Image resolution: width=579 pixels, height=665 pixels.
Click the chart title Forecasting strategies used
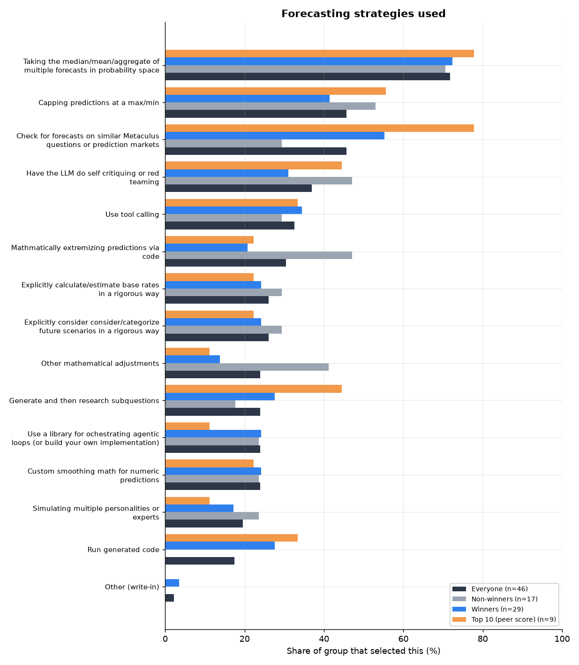(363, 14)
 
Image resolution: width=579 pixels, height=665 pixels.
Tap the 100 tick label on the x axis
(562, 639)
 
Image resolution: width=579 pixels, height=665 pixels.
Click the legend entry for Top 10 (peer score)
(504, 619)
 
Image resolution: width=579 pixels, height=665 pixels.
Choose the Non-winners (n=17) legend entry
(495, 599)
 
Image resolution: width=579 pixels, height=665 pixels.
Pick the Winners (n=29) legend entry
(488, 609)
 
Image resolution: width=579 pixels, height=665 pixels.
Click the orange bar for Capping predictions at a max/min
(275, 91)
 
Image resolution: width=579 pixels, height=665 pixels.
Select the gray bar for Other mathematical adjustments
(247, 367)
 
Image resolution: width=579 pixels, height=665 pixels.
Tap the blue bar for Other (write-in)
(172, 583)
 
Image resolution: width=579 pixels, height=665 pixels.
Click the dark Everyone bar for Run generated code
(200, 561)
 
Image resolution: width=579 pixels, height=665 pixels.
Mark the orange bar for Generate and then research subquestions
(253, 389)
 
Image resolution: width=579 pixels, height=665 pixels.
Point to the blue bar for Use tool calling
(233, 210)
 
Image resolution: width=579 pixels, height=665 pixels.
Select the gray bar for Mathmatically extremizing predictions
(258, 255)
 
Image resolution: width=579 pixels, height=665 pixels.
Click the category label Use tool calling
(132, 214)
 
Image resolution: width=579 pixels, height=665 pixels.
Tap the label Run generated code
(123, 550)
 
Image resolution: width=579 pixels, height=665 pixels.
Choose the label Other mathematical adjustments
(100, 363)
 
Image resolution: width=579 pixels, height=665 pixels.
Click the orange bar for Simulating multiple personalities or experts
(188, 501)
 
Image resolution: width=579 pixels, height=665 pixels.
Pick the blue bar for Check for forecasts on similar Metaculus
(275, 136)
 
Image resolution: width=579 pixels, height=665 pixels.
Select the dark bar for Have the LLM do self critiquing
(238, 188)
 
